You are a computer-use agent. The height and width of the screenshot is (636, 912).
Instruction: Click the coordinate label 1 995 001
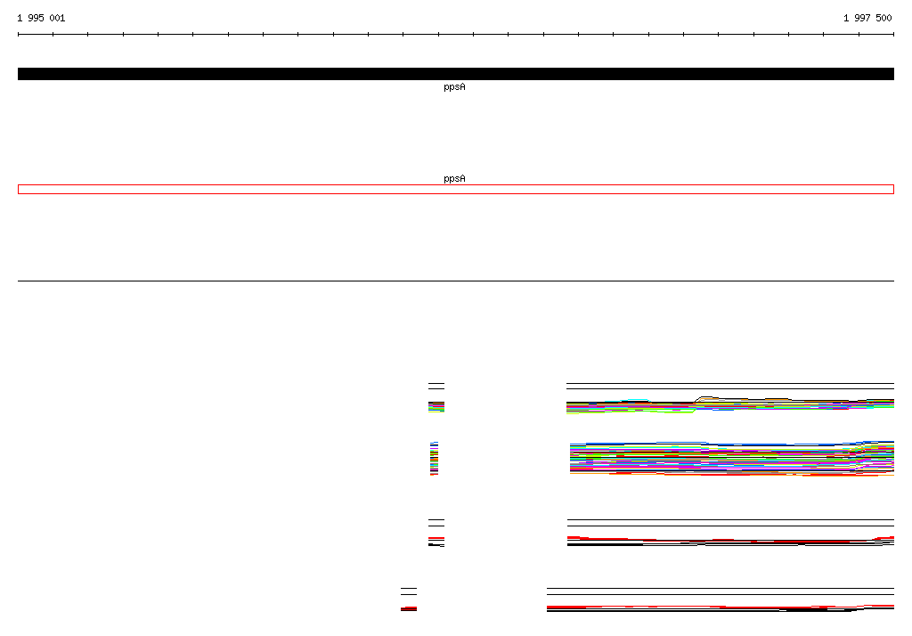[x=41, y=18]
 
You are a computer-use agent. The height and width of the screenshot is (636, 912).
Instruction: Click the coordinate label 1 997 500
[x=867, y=18]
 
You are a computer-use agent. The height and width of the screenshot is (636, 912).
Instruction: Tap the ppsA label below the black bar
[x=454, y=87]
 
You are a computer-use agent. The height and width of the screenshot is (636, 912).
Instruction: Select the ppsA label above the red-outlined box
[x=454, y=179]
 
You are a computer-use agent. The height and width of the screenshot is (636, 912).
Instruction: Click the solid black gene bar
[x=456, y=74]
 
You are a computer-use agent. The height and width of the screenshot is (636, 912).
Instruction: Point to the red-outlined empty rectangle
[x=456, y=185]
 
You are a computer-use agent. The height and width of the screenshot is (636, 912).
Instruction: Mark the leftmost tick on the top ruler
[x=18, y=35]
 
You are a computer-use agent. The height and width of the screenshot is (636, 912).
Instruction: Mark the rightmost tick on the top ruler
[x=893, y=35]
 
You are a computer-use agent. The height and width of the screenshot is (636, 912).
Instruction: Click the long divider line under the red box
[x=456, y=281]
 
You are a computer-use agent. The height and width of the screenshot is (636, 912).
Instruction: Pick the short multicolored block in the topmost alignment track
[x=436, y=407]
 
